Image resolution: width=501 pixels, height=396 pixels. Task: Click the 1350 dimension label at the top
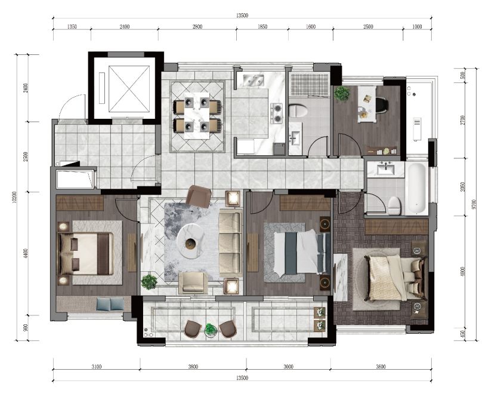72,27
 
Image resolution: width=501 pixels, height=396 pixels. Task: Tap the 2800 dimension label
197,27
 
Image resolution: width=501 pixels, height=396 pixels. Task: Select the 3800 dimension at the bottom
193,367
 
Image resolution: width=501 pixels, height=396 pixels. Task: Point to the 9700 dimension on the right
474,204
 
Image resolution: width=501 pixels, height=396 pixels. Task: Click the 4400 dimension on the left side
26,253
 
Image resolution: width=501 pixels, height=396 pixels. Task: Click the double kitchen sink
253,80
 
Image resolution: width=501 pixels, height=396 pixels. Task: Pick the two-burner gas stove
277,113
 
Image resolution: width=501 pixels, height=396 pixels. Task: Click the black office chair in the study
382,105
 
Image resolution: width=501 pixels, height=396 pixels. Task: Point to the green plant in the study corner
342,93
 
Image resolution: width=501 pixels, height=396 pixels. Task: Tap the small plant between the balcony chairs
210,330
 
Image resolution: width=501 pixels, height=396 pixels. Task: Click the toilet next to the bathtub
394,205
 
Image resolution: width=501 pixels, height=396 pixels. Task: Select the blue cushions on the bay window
110,304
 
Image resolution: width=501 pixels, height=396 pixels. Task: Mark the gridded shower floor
310,85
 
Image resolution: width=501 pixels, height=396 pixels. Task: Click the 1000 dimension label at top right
417,27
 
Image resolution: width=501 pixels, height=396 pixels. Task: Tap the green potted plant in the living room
149,282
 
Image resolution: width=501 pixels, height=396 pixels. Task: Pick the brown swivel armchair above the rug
199,196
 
